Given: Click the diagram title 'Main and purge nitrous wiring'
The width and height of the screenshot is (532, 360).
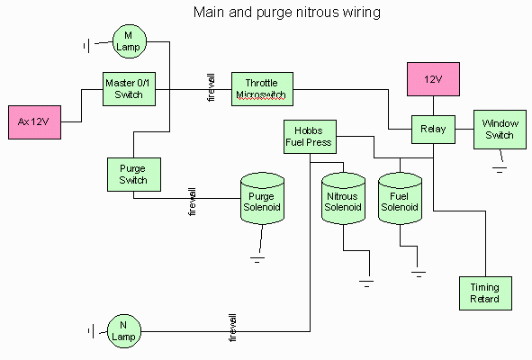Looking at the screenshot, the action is pos(286,13).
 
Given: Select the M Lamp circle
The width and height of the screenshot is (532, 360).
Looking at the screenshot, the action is pos(130,41).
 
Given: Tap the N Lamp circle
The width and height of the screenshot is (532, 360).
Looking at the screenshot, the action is pos(124,331).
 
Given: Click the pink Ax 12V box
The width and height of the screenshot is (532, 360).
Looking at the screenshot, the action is pos(34,122).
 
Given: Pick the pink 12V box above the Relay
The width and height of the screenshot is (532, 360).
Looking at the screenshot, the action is pos(433,79).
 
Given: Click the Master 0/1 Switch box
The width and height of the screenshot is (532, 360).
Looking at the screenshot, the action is pos(129,89).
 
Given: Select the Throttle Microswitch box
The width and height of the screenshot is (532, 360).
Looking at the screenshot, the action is pos(262,89).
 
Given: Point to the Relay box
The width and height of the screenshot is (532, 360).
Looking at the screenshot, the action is pos(433,130).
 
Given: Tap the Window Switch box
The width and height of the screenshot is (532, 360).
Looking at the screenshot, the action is pos(500,130).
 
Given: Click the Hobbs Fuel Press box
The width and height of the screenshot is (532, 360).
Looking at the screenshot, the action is pos(310,137).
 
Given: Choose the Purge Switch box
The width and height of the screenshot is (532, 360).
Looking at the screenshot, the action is pos(134,175).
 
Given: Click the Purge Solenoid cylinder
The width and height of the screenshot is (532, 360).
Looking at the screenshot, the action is pos(262,199).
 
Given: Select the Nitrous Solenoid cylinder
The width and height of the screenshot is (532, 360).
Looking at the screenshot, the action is pos(343,199).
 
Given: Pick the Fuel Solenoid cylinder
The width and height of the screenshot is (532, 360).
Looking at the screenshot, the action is pos(400,199).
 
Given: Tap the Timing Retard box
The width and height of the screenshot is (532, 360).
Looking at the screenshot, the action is pos(485,293).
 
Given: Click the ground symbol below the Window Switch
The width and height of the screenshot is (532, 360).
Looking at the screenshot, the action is pos(500,170).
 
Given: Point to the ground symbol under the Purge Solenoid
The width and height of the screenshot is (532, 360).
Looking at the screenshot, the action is pos(257,260).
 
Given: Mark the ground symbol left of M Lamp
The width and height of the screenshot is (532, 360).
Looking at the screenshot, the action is pos(86,46).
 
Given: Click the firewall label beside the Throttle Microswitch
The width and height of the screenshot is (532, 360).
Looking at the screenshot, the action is pos(211,87).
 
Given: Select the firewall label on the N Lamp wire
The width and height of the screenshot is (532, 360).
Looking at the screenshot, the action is pos(233,328).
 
